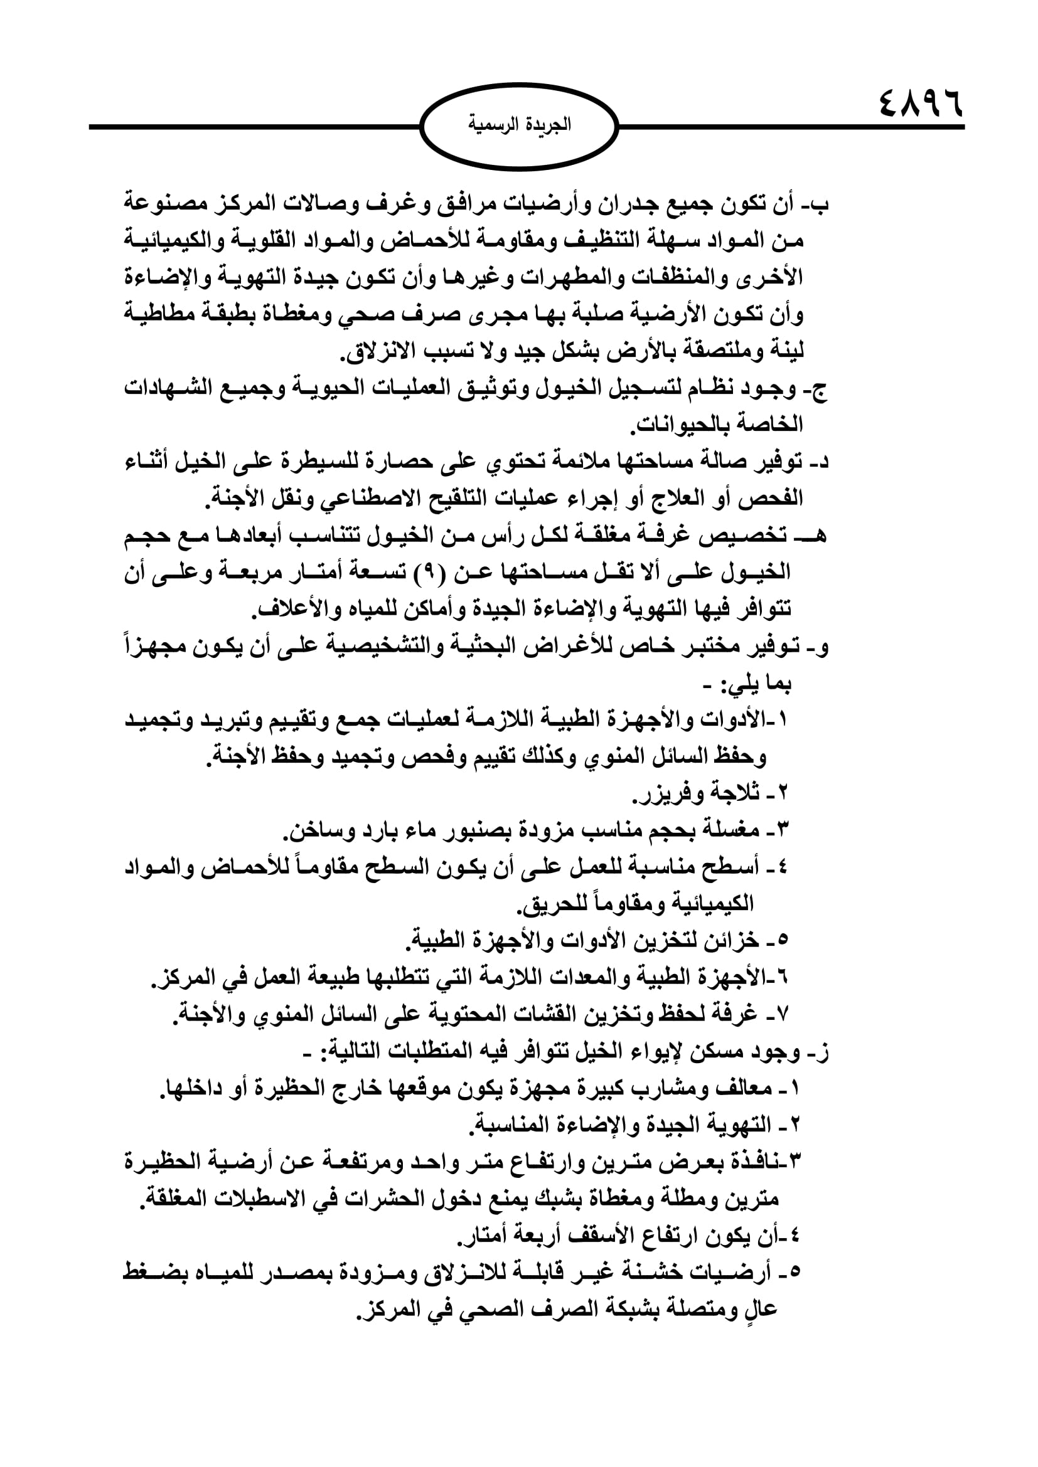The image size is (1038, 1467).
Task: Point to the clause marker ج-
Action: pos(820,389)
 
